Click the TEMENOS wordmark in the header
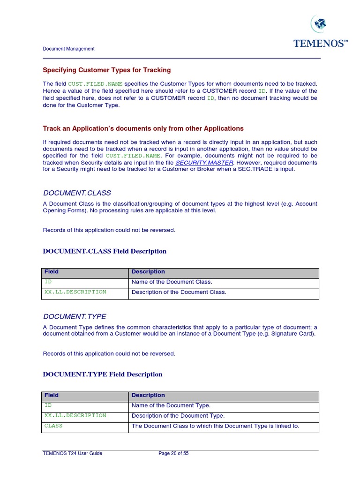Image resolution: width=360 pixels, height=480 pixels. [321, 44]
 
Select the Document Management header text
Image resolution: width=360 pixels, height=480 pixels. [68, 49]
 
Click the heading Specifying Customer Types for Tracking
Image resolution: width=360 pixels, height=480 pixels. [107, 70]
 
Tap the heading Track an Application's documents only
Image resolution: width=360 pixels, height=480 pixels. [143, 128]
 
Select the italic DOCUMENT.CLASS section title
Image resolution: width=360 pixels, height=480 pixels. [77, 193]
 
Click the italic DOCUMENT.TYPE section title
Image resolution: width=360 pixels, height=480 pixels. [75, 316]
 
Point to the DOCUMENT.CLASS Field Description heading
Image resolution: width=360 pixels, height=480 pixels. [105, 251]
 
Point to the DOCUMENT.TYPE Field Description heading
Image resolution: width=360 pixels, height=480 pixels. [103, 375]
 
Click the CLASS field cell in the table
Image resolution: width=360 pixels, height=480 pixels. [53, 426]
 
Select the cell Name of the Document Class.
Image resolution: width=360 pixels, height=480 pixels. [172, 282]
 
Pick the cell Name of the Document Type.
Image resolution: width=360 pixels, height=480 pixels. [171, 405]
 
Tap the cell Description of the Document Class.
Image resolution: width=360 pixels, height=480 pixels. [179, 292]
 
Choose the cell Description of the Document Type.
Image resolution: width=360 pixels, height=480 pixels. [178, 416]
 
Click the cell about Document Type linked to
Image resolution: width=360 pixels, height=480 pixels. [215, 426]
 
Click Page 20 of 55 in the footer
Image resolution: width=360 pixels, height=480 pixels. [173, 454]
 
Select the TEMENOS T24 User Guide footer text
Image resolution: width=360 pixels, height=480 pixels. [72, 454]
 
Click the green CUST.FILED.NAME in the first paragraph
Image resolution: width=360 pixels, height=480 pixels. [96, 84]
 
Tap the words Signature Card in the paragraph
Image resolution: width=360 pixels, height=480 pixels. [296, 334]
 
